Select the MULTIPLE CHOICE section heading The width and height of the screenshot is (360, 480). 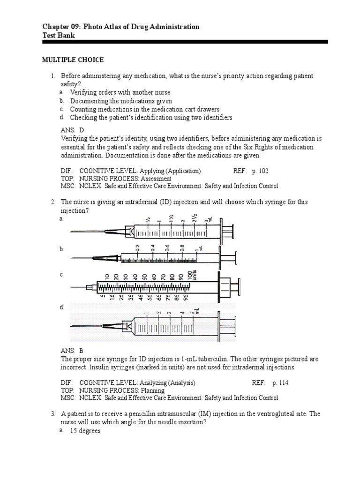click(x=73, y=60)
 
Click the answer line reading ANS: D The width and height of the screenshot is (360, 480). click(x=72, y=130)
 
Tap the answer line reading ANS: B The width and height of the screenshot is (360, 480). click(x=72, y=351)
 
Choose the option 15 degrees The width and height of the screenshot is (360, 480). click(x=85, y=431)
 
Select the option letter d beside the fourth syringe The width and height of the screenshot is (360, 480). click(x=61, y=307)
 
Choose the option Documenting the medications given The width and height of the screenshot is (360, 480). click(x=121, y=101)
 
